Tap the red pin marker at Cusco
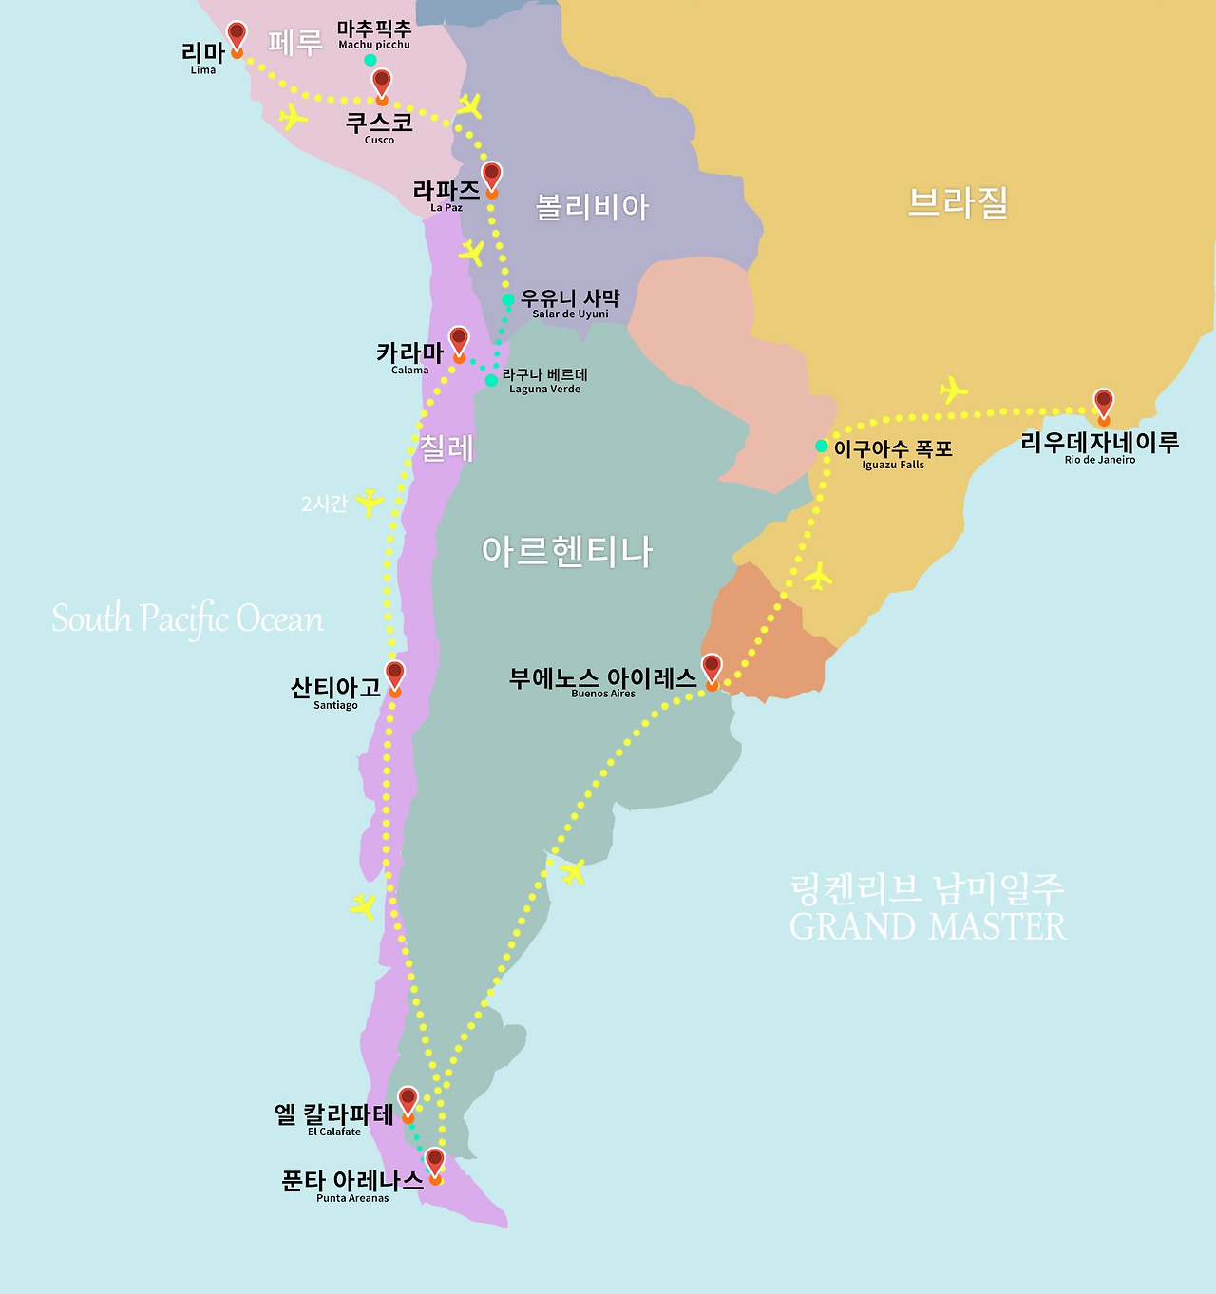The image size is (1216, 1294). pyautogui.click(x=382, y=84)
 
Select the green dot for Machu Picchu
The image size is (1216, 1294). pyautogui.click(x=370, y=60)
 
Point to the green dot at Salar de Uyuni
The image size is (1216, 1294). pyautogui.click(x=508, y=299)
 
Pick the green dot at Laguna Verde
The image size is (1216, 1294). pyautogui.click(x=491, y=380)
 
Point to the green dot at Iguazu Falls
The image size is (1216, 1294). pyautogui.click(x=822, y=447)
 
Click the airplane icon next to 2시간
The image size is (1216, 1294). pyautogui.click(x=369, y=502)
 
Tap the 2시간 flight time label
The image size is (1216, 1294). pyautogui.click(x=324, y=504)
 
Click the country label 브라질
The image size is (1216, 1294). pyautogui.click(x=957, y=203)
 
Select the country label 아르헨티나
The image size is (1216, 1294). pyautogui.click(x=567, y=551)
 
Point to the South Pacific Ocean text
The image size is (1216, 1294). pyautogui.click(x=187, y=618)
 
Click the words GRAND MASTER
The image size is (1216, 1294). pyautogui.click(x=927, y=926)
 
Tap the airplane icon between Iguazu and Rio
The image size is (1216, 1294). pyautogui.click(x=952, y=390)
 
